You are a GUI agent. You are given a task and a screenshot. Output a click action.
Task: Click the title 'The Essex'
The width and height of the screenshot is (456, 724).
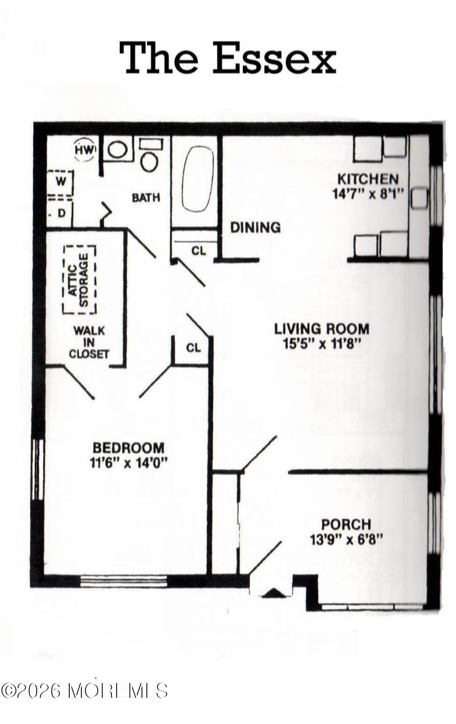[x=228, y=57]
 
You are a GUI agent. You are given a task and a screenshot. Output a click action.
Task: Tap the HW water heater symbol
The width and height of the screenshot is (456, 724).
[x=86, y=149]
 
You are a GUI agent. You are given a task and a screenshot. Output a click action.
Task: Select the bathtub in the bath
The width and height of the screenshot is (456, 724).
[x=198, y=179]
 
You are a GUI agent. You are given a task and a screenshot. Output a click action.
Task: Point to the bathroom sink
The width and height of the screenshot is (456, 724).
[x=118, y=149]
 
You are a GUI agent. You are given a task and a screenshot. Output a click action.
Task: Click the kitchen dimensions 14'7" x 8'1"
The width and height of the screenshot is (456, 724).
[x=368, y=193]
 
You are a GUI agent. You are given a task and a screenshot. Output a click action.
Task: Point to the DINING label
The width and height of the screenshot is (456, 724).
[x=255, y=227]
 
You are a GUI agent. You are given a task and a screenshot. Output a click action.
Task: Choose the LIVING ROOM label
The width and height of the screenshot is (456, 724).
[x=322, y=328]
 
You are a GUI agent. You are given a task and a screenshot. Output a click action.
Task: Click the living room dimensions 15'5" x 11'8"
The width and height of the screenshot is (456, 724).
[x=322, y=343]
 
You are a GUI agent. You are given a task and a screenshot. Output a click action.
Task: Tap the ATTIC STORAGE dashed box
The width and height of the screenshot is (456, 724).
[x=79, y=279]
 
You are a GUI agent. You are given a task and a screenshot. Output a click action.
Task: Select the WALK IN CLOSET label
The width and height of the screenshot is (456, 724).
[x=89, y=342]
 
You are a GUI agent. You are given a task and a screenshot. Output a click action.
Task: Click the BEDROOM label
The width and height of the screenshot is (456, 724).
[x=128, y=447]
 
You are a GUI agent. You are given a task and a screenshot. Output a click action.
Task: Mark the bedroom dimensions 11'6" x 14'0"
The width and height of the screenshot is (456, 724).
[x=129, y=462]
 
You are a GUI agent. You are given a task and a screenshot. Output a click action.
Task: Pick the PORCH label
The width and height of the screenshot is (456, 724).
[x=346, y=524]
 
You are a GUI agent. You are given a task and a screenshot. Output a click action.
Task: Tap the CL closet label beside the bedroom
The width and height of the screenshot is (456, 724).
[x=193, y=348]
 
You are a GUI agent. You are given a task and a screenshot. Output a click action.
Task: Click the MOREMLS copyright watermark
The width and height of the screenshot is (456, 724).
[x=84, y=691]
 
